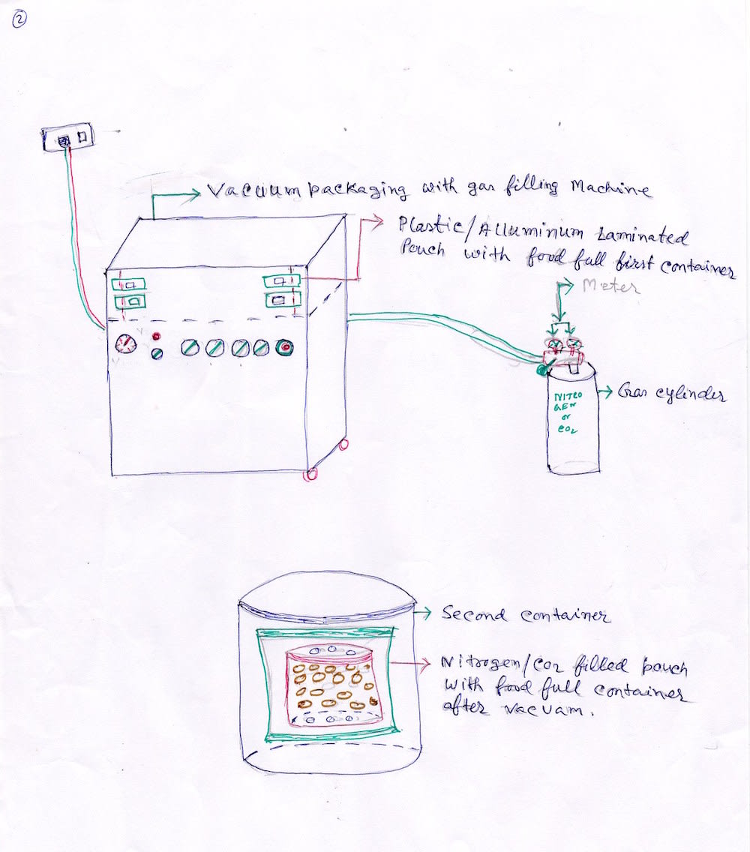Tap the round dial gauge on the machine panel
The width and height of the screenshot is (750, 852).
point(126,345)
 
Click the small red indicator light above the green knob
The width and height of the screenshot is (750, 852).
point(158,335)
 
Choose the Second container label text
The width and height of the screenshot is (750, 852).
point(525,615)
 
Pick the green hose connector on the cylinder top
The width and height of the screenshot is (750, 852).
point(541,368)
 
